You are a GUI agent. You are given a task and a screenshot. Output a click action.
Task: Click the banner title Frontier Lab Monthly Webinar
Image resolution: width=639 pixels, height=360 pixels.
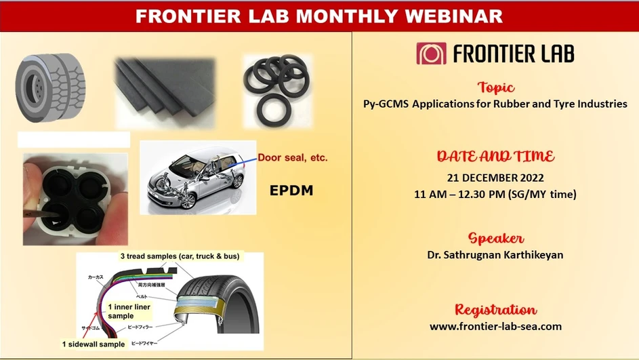[x=319, y=16]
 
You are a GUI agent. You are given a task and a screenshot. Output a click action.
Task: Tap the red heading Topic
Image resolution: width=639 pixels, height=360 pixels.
[x=495, y=87]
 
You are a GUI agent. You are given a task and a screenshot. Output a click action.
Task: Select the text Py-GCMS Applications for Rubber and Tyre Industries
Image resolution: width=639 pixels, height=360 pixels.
[x=495, y=104]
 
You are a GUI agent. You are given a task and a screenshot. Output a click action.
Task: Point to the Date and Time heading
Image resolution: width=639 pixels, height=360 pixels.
[x=495, y=157]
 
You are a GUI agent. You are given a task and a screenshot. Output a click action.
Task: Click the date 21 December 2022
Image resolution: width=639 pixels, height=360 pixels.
[x=495, y=178]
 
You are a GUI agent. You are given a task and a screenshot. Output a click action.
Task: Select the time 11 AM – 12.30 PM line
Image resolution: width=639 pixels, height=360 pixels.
[x=495, y=194]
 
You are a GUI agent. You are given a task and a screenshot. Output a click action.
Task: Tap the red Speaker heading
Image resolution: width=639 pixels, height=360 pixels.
[x=495, y=239]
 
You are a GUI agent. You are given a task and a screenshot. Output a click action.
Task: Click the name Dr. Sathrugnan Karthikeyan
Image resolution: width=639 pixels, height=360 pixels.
[x=495, y=255]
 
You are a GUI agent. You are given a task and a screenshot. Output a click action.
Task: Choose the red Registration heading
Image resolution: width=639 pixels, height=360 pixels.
[x=495, y=310]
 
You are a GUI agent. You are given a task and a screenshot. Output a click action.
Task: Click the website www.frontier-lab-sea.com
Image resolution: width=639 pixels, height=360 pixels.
[x=495, y=326]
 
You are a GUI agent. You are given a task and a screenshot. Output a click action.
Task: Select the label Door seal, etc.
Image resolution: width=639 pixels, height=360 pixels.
[x=292, y=157]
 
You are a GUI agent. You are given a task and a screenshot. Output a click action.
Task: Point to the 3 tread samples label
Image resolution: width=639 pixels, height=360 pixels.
[x=180, y=256]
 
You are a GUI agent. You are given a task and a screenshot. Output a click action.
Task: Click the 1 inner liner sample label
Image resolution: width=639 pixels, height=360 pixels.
[x=129, y=311]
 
